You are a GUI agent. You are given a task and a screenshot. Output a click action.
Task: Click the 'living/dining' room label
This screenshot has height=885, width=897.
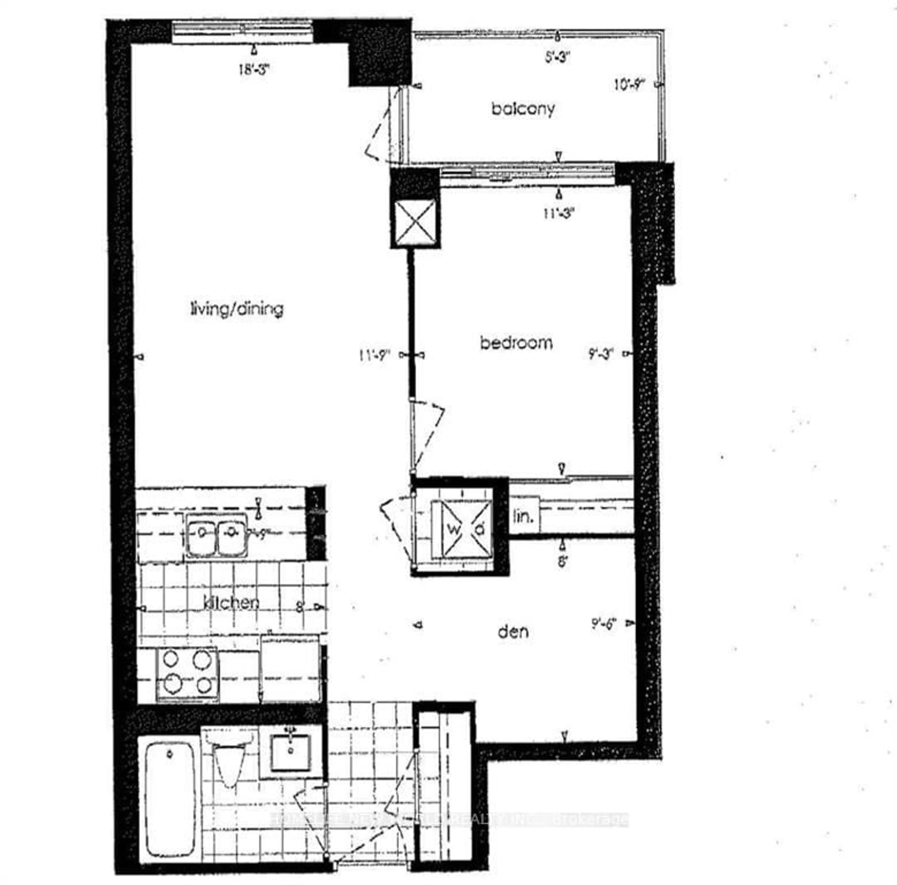click(237, 309)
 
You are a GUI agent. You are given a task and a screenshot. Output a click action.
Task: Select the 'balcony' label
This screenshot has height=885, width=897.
click(523, 109)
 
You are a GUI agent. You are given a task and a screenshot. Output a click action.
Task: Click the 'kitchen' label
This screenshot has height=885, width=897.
click(231, 603)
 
